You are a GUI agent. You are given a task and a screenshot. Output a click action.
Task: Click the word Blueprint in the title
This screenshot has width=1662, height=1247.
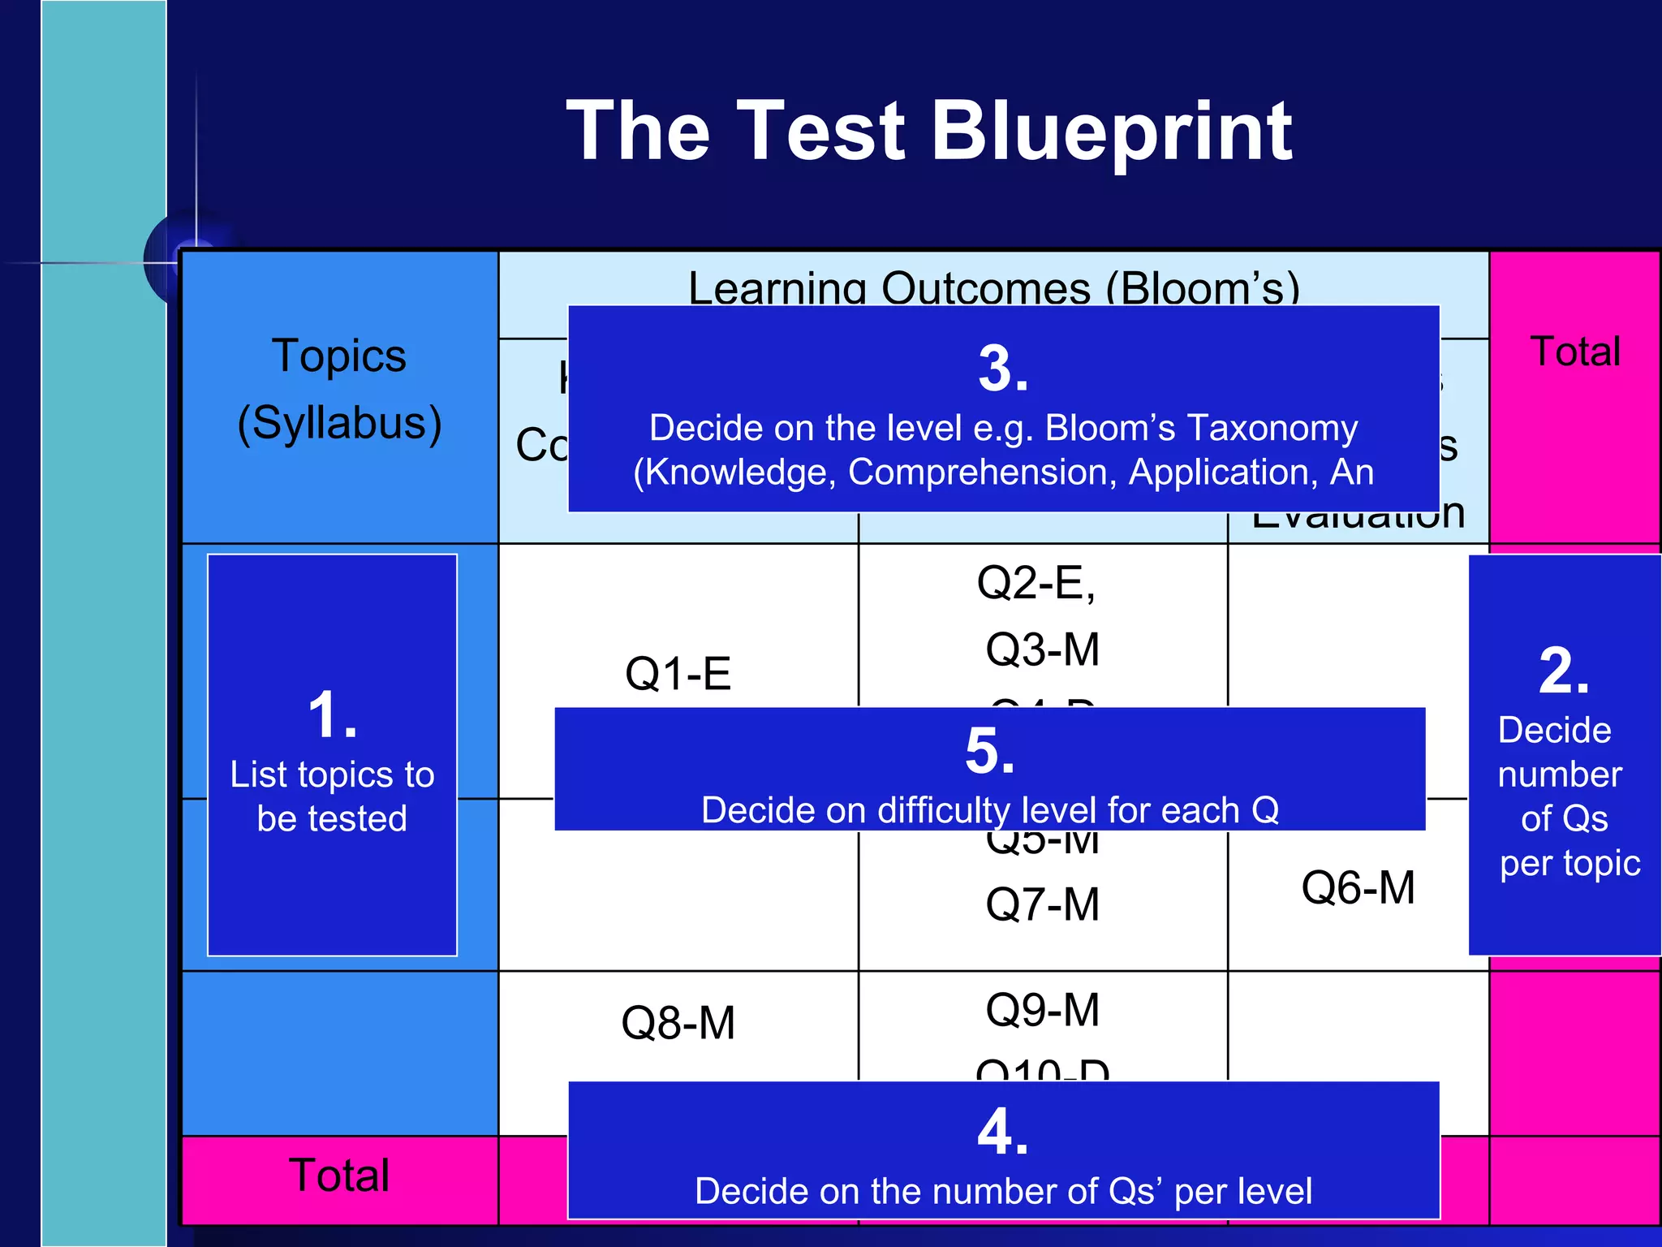[1111, 132]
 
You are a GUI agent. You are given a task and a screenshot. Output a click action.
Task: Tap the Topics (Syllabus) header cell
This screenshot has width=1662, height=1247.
[339, 390]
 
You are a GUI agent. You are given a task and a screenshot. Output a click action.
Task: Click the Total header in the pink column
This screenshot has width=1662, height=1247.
[1575, 352]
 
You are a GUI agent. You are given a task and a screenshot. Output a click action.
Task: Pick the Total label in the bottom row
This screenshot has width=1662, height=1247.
[339, 1176]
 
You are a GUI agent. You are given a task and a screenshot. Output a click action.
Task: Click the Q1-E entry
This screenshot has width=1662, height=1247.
[678, 674]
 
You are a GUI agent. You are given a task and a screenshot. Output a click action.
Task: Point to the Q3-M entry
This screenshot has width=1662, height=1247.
[1043, 649]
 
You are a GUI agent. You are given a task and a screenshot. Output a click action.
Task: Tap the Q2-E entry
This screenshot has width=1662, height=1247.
[1036, 583]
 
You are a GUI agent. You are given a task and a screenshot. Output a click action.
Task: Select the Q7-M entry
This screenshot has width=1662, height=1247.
[1043, 904]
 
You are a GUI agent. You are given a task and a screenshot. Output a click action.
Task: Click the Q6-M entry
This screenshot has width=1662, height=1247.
[1358, 887]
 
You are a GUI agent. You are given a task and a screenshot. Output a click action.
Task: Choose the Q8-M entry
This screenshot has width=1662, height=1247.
[678, 1023]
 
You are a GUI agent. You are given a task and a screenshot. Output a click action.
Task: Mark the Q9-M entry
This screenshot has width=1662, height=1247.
[1043, 1010]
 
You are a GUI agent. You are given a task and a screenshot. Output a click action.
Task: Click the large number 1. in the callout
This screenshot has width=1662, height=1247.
[333, 715]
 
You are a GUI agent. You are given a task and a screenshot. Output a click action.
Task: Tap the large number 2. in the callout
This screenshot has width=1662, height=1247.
[1564, 671]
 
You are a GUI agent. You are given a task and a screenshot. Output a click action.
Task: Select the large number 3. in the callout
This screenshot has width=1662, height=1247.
[1003, 369]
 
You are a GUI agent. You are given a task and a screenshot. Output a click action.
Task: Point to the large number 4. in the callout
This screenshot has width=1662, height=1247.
[1003, 1132]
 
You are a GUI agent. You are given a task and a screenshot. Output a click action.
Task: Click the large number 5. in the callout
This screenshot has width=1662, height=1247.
[990, 751]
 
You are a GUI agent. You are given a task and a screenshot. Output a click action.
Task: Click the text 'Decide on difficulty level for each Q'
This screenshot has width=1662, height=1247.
[990, 810]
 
